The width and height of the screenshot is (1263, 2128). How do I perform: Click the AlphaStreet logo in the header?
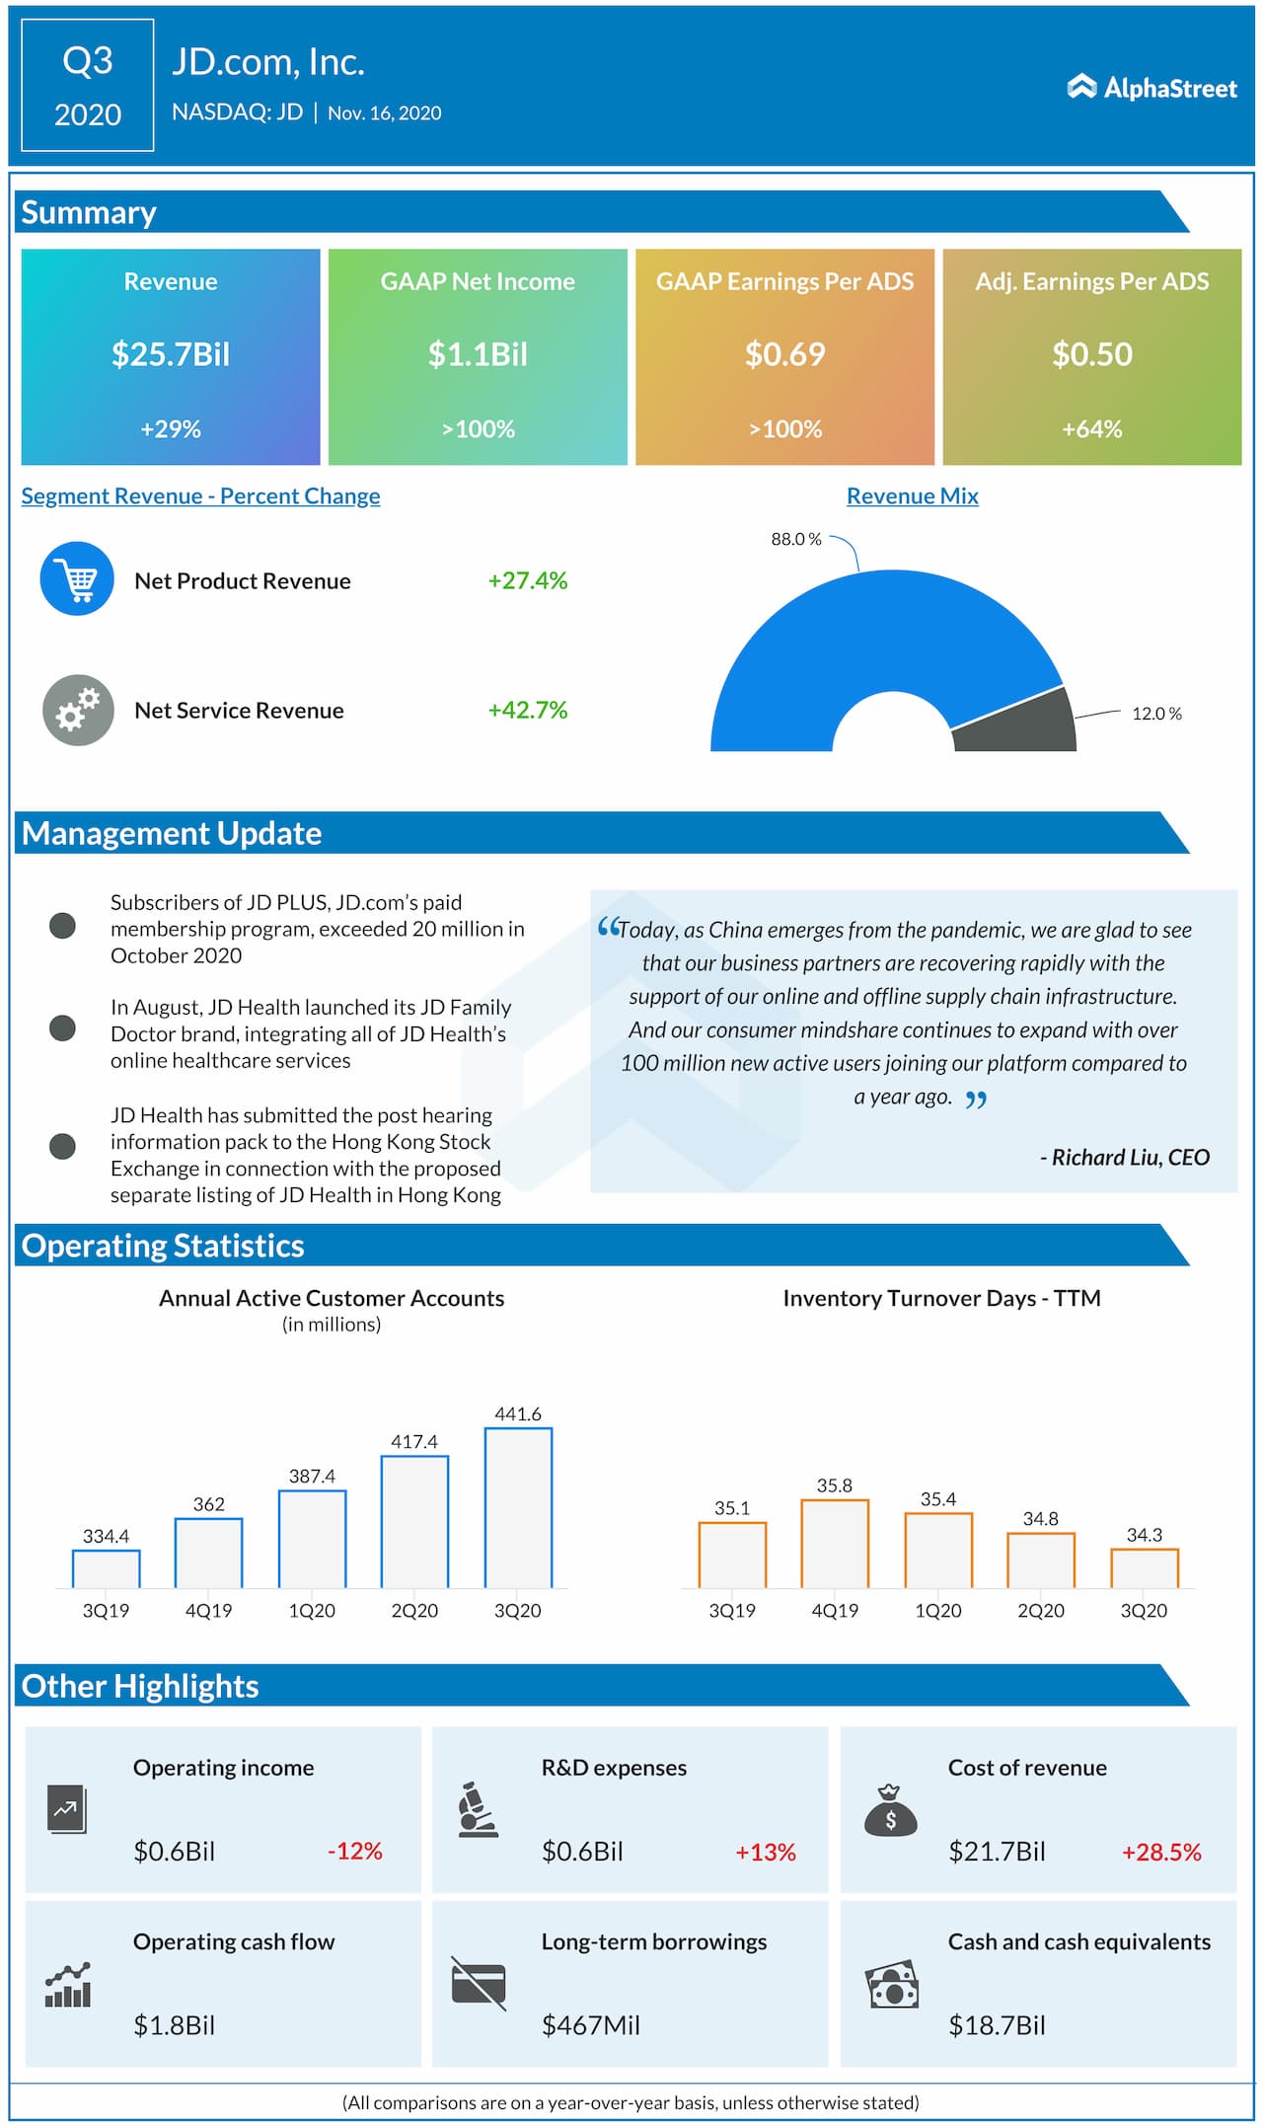coord(1152,88)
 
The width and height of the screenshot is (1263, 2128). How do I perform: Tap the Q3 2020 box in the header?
coord(88,86)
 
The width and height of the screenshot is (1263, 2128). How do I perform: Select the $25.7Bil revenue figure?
coord(171,354)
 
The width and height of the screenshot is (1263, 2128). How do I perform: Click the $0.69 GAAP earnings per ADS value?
coord(784,354)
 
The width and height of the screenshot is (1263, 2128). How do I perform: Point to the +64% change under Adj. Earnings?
coord(1091,429)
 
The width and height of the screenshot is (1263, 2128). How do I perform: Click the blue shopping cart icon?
coord(77,579)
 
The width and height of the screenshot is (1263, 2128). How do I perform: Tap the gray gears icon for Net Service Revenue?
coord(78,710)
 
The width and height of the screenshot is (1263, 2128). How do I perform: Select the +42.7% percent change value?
coord(528,710)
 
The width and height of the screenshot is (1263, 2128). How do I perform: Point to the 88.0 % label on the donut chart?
coord(796,539)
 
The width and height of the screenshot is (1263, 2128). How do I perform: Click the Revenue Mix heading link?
coord(912,496)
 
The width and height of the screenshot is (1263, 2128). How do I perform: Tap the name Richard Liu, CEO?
coord(1130,1157)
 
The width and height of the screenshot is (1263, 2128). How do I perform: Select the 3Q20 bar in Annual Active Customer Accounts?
coord(518,1507)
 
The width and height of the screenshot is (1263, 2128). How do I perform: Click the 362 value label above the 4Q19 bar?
coord(208,1504)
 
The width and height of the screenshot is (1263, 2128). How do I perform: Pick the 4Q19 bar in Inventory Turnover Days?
coord(835,1544)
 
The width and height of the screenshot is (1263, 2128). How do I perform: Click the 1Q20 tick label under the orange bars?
coord(937,1611)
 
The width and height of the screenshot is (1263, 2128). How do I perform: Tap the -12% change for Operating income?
coord(354,1851)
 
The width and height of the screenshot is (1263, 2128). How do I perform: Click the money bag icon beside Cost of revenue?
coord(890,1811)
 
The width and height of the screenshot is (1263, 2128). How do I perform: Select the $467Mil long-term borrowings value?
coord(590,2025)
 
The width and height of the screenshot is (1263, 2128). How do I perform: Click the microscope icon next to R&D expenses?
coord(479,1810)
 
